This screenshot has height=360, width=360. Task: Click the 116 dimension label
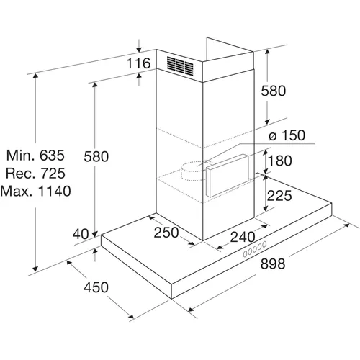click(x=138, y=63)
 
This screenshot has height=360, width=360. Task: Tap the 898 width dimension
click(x=273, y=264)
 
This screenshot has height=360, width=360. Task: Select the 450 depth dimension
click(x=96, y=287)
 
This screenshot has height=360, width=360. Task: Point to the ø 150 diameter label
click(x=287, y=135)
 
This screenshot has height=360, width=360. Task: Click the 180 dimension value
click(x=280, y=161)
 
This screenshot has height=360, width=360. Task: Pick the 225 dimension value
click(x=279, y=195)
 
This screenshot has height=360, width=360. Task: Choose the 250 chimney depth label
click(x=166, y=232)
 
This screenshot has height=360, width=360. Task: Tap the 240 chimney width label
click(x=243, y=237)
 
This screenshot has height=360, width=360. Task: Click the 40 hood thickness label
click(x=81, y=234)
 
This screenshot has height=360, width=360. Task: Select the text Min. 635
click(x=35, y=155)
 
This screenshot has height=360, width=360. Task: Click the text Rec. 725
click(x=35, y=173)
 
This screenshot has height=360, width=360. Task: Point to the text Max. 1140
click(x=35, y=191)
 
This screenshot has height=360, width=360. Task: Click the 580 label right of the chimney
click(x=274, y=91)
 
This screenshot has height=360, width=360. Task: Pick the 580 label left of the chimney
click(x=96, y=156)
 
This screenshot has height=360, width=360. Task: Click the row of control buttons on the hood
click(x=255, y=249)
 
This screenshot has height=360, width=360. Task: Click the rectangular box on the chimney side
click(x=228, y=176)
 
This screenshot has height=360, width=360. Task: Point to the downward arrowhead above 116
click(x=139, y=50)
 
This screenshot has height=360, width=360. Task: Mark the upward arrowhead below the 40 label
click(x=95, y=251)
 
